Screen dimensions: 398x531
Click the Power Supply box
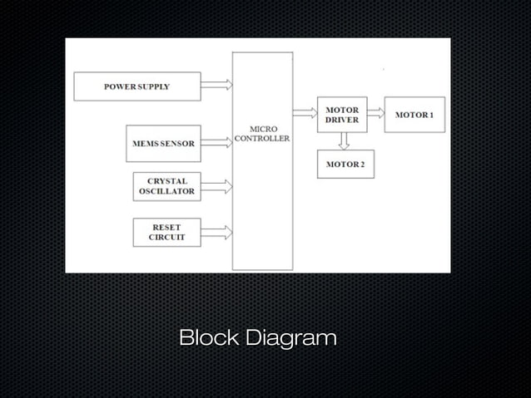coord(137,86)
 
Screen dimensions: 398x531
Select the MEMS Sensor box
coord(163,143)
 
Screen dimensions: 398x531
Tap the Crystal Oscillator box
coord(166,186)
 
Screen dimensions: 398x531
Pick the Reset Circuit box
coord(166,232)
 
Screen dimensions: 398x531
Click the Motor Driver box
coord(341,115)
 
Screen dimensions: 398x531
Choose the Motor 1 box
coord(414,114)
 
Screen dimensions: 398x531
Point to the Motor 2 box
coord(345,164)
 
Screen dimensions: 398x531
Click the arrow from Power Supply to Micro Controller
coord(216,85)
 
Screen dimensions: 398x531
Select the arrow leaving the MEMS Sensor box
coord(216,143)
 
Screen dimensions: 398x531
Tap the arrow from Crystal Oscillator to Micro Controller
coord(216,186)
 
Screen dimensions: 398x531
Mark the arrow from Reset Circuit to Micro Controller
coord(216,233)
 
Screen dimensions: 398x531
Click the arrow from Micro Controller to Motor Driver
coord(305,111)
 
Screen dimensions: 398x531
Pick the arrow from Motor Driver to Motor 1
coord(375,112)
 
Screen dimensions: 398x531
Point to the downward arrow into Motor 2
coord(344,141)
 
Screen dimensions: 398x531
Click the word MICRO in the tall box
coord(262,129)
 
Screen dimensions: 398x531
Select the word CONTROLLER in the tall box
coord(262,139)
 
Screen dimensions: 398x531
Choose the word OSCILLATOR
coord(166,191)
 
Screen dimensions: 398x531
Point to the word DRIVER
coord(341,120)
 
